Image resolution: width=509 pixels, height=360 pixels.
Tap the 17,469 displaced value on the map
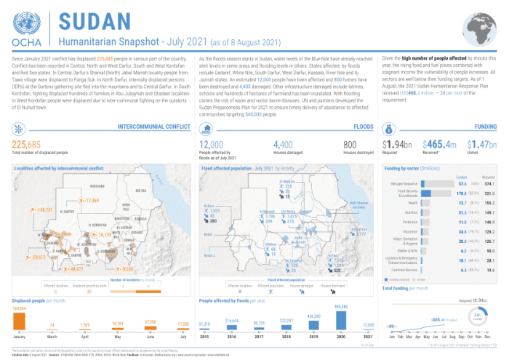[x=91, y=200]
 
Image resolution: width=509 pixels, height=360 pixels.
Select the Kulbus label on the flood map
[x=209, y=206]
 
